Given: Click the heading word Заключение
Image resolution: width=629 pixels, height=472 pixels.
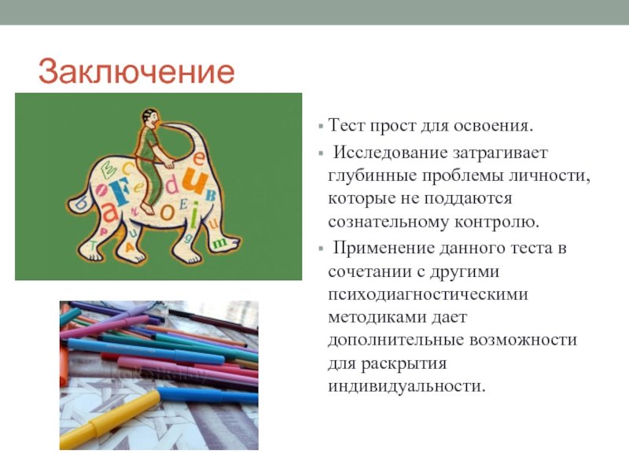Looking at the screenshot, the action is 136,72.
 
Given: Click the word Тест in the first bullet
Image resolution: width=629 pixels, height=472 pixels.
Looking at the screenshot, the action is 346,125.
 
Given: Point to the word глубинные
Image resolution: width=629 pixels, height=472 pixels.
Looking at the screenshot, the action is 372,176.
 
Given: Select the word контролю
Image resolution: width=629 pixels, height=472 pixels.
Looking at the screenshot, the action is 497,222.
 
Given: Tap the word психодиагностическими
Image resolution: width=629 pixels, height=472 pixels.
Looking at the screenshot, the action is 428,295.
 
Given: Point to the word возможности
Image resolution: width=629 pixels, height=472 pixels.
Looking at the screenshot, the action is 523,341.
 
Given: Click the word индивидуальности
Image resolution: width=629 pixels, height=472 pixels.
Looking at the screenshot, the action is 406,386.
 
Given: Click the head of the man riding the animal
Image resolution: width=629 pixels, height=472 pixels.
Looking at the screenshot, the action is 150,118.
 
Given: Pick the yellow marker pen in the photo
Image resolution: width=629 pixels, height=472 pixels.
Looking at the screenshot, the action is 109,420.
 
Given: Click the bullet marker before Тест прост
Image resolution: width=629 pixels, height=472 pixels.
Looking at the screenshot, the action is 321,127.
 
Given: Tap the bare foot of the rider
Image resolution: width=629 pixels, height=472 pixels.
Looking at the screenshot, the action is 147,208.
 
